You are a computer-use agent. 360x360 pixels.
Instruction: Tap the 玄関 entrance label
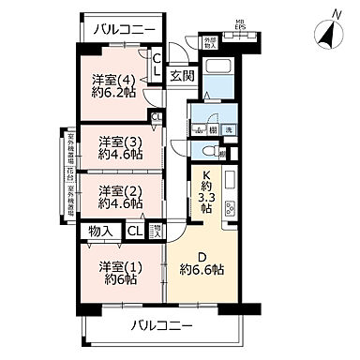coord(181,75)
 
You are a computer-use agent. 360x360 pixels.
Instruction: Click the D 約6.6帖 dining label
coord(202,263)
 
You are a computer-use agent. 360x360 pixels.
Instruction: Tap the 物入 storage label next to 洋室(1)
coord(101,231)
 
